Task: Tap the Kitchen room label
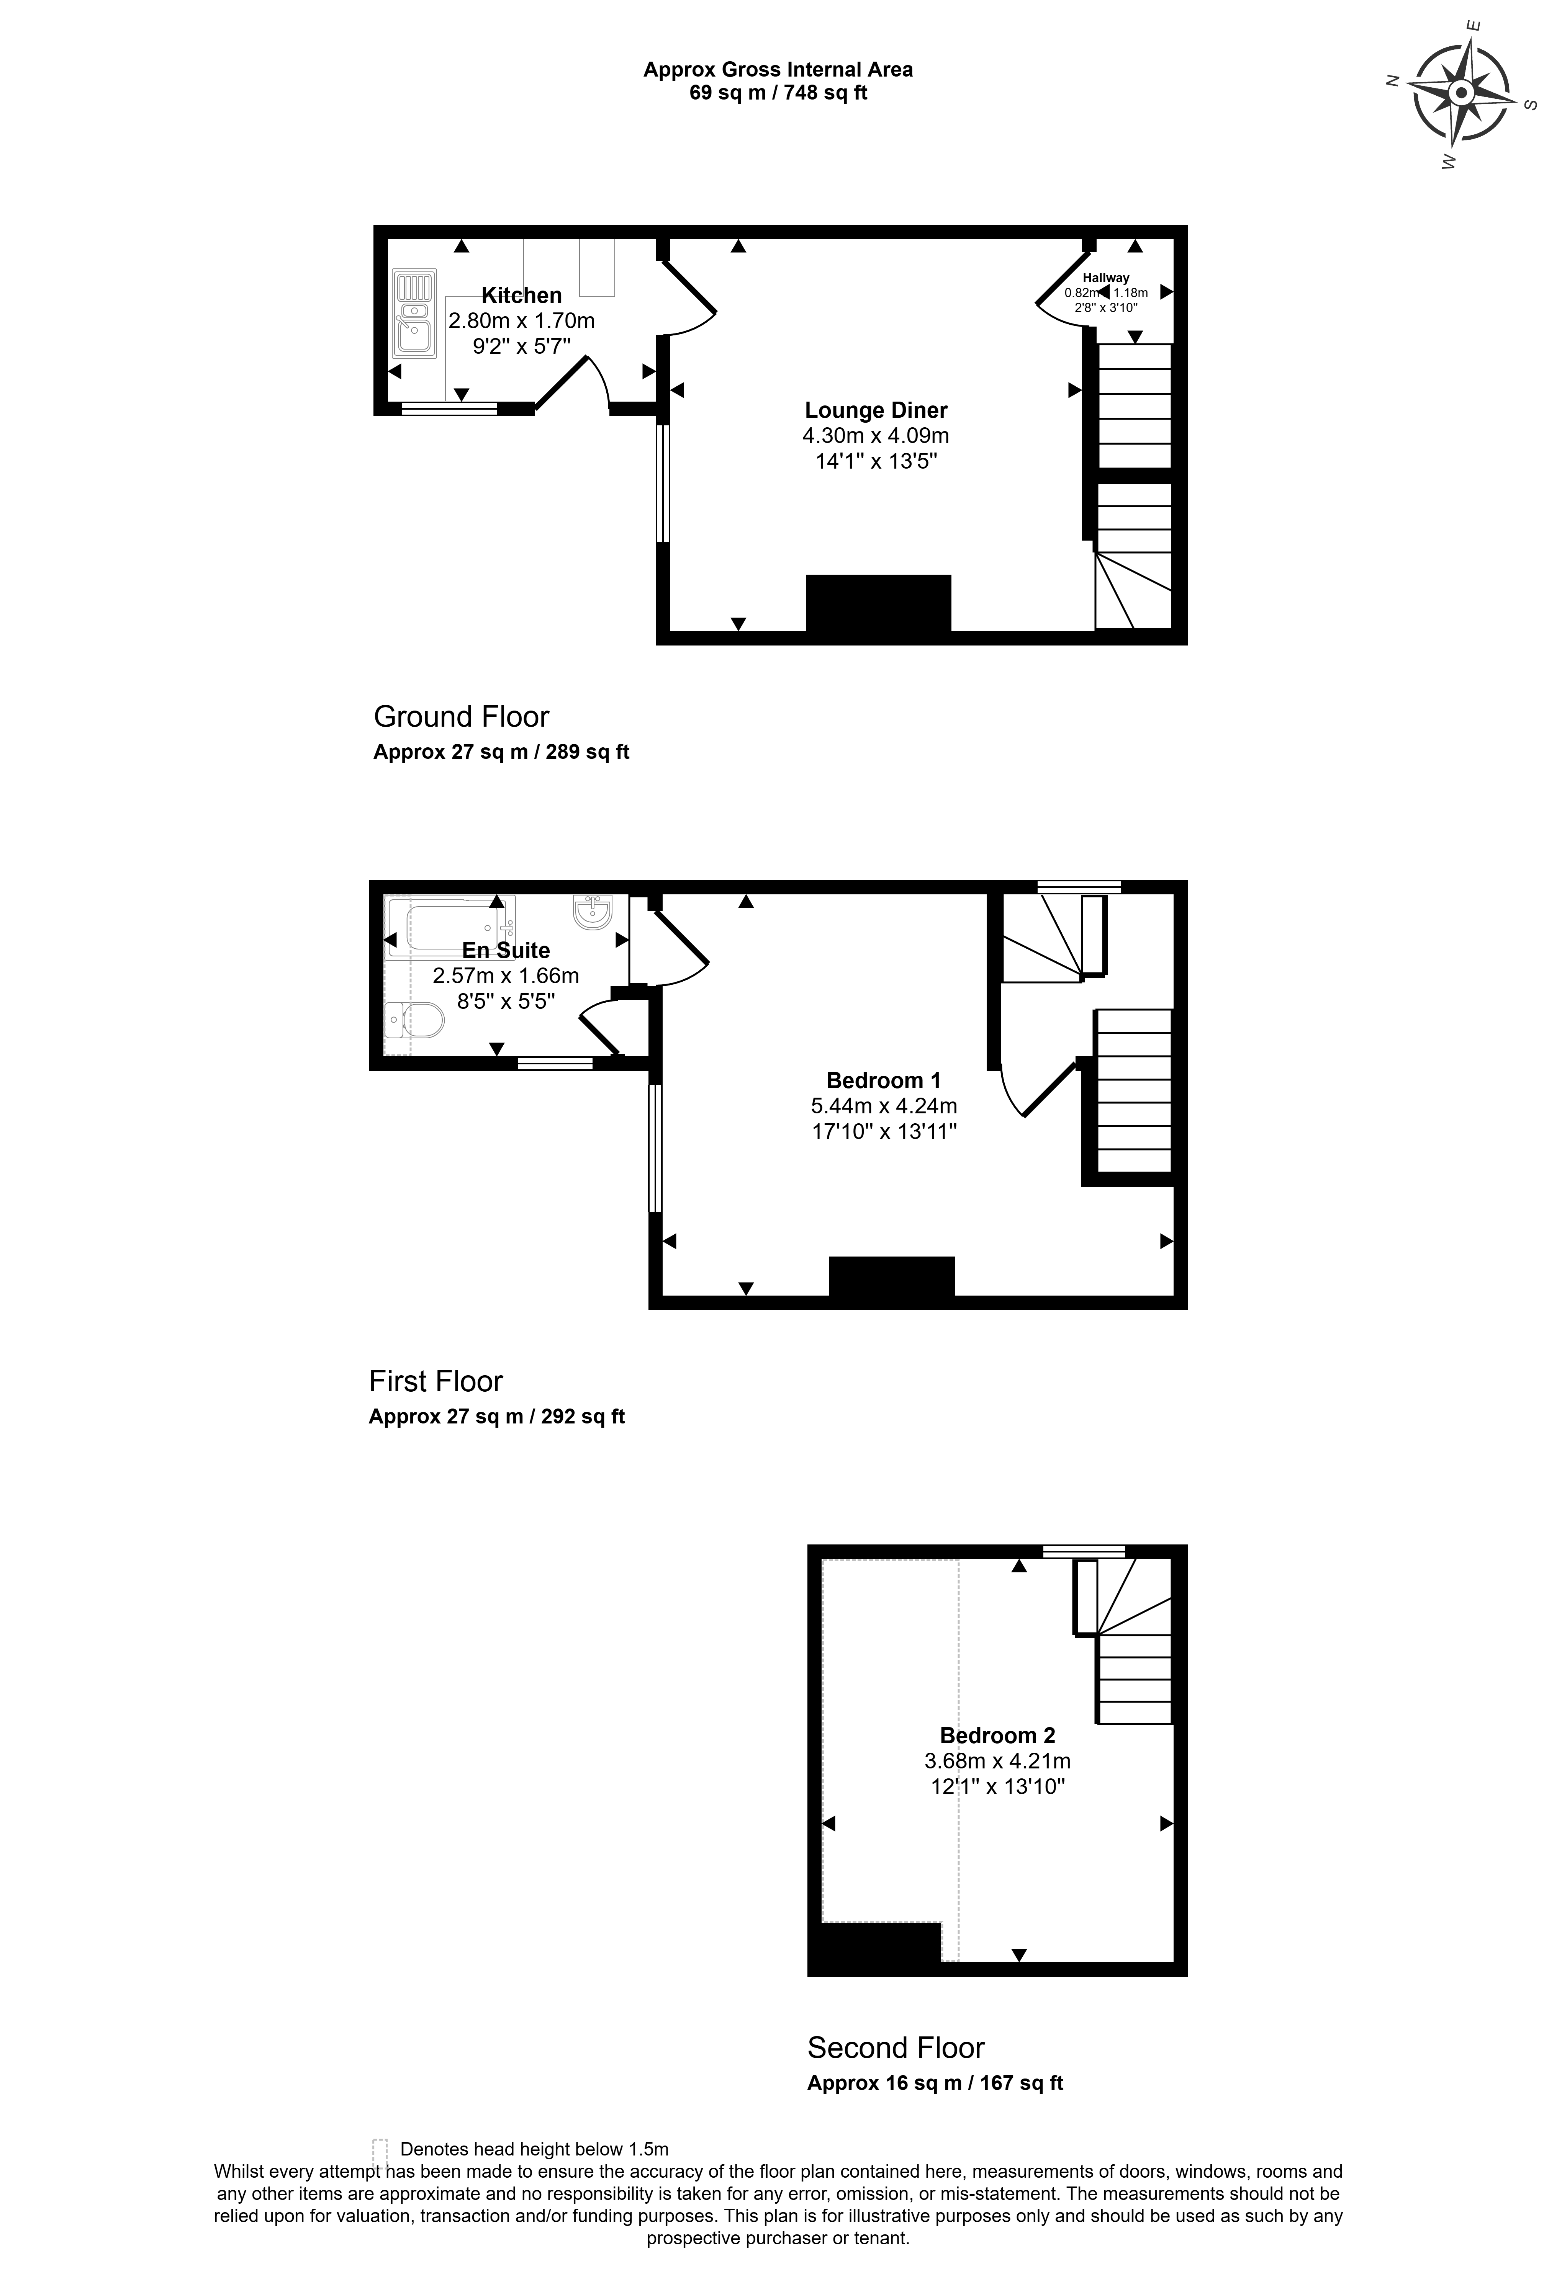coord(522,295)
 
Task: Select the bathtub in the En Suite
coord(451,926)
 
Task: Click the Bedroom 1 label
coord(883,1080)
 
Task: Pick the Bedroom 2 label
coord(997,1735)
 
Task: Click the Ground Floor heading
coord(461,717)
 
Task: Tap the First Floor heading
coord(436,1381)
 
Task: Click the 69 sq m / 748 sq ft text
coord(778,93)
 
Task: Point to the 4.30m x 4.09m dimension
coord(876,435)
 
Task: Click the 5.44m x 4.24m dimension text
coord(883,1106)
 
